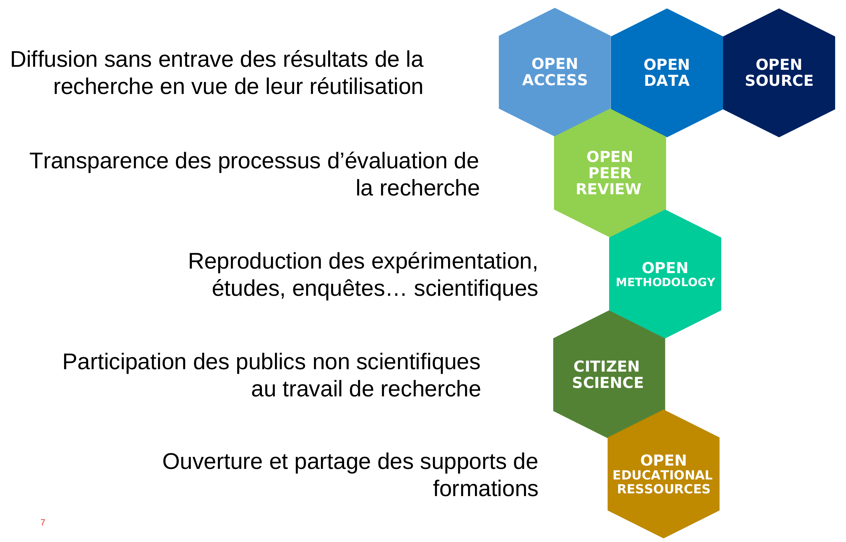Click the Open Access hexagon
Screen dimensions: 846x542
[555, 72]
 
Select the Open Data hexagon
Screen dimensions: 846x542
[667, 73]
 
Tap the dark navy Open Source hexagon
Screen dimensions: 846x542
[779, 73]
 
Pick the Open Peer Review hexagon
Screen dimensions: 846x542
[610, 173]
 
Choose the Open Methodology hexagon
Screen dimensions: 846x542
[665, 274]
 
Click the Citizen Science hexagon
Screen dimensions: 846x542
[609, 374]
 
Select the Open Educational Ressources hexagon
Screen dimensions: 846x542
[664, 474]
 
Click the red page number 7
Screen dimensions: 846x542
[43, 522]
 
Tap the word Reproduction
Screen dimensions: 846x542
[255, 262]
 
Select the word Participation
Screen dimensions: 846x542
[124, 362]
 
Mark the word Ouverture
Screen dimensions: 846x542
[212, 461]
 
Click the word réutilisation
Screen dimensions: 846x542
[366, 87]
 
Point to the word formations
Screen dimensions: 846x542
[486, 489]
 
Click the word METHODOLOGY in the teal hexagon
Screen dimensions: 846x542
[665, 282]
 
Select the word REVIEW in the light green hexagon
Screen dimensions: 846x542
[609, 189]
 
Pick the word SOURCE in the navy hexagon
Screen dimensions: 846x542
[779, 81]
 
